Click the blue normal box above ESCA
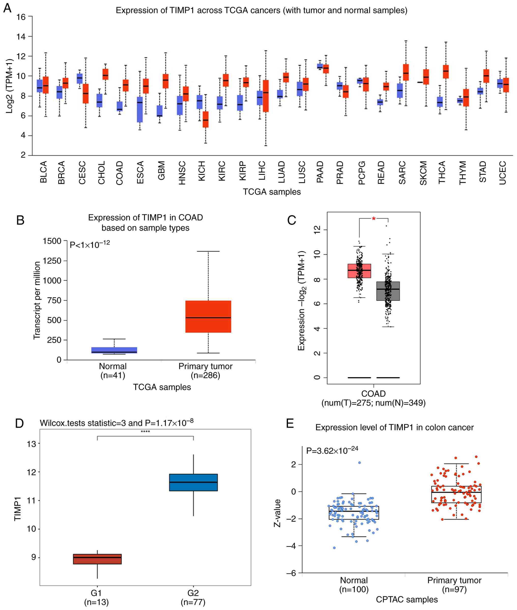coord(140,109)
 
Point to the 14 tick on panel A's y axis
coord(21,37)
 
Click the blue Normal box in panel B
coord(114,350)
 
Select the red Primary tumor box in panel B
coord(208,317)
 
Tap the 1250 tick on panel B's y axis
coord(52,261)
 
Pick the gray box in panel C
coord(388,291)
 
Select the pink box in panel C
coord(359,271)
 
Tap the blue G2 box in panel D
coord(193,482)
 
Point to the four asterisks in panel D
coord(145,432)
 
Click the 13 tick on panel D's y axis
coord(31,444)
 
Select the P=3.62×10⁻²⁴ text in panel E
coord(332,450)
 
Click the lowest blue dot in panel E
coord(334,548)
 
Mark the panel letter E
coord(290,423)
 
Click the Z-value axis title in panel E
coord(277,513)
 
